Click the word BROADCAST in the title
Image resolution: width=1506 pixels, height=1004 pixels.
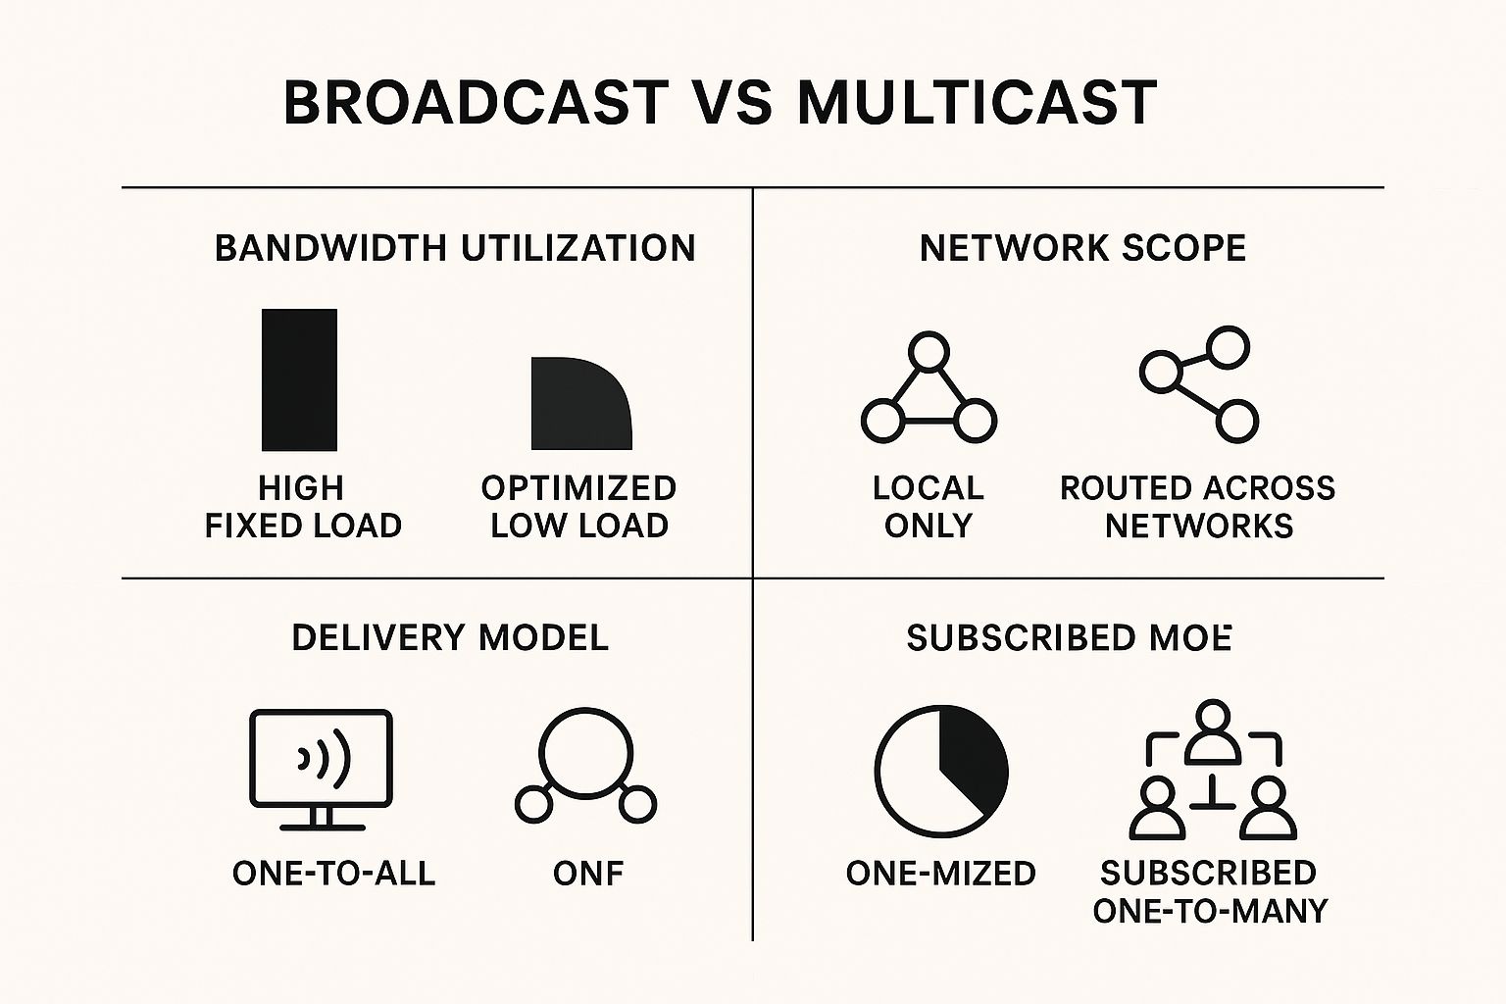coord(476,103)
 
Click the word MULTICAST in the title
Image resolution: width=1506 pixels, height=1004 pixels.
coord(977,103)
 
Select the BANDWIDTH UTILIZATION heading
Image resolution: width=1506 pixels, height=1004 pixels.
coord(455,248)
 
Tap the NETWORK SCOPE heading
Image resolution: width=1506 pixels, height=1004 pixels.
coord(1082,248)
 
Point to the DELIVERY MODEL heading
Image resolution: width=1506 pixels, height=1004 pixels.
coord(450,638)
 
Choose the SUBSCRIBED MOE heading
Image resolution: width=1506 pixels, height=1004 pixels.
coord(1069,638)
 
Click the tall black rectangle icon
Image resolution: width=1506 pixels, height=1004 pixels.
coord(299,379)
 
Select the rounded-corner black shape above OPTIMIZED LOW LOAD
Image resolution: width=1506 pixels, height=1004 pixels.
coord(579,403)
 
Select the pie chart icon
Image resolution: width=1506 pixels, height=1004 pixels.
coord(940,770)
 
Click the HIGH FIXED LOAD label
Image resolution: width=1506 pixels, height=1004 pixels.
coord(303,507)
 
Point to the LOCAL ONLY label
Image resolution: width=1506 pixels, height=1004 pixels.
coord(928,507)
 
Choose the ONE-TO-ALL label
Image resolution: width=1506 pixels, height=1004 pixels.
coord(333,874)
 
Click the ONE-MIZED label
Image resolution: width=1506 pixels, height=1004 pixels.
coord(940,874)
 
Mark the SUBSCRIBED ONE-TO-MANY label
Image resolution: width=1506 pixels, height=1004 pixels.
coord(1210,892)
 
